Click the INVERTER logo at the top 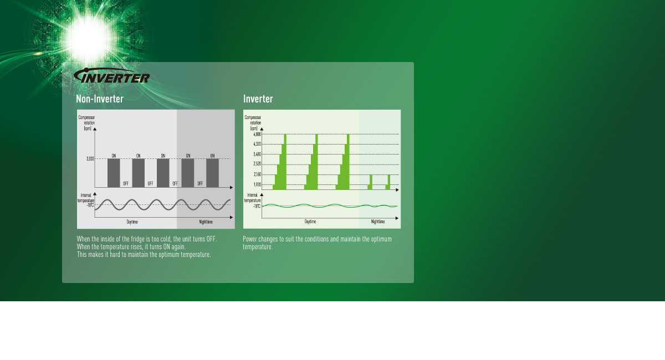112,76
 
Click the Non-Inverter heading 100,99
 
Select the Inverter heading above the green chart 258,99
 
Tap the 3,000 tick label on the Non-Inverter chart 90,159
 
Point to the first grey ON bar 114,173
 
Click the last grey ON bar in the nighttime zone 213,173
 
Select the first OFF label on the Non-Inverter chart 126,183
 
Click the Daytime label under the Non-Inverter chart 132,222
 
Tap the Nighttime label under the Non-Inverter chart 206,222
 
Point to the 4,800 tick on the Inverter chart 257,134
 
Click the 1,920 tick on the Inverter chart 257,184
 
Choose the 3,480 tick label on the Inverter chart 257,154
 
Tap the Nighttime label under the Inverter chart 377,222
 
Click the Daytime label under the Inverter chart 310,222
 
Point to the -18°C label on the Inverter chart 257,206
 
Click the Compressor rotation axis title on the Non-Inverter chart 86,122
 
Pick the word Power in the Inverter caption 250,239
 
